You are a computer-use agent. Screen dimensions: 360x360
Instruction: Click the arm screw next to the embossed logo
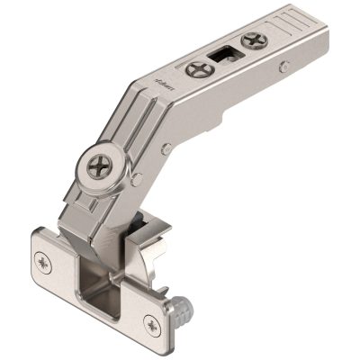tap(197, 68)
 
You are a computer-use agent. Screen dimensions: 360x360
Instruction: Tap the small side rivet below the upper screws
tap(283, 65)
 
